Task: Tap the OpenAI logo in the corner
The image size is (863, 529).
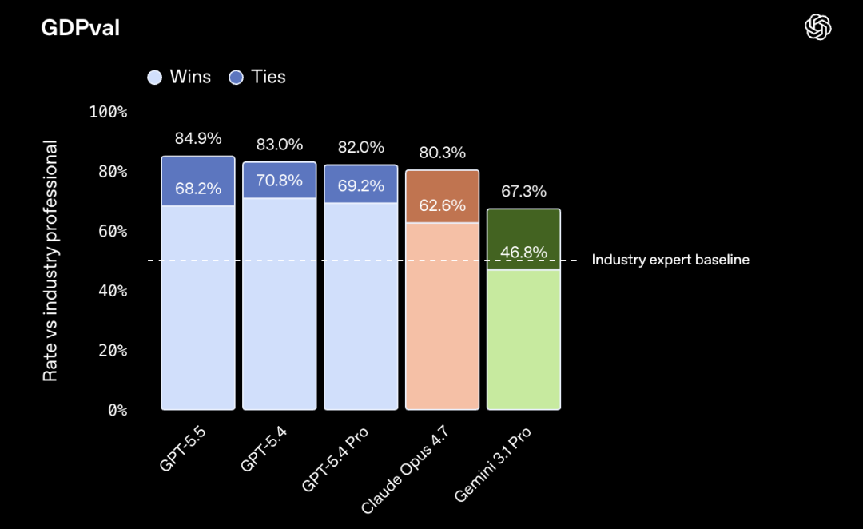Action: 818,28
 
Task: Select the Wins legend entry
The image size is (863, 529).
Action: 180,77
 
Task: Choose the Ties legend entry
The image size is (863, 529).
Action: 257,77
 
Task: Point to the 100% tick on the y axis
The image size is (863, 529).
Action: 109,112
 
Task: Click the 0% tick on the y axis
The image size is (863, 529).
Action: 117,410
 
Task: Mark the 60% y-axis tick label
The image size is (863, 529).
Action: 113,231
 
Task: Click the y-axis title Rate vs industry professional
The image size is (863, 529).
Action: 50,261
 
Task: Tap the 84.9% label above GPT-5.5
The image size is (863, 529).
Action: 198,138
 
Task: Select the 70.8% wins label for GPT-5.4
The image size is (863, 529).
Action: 280,181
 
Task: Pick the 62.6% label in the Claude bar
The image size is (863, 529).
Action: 442,205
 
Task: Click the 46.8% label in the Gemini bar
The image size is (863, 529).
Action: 523,253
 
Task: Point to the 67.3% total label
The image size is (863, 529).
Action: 523,192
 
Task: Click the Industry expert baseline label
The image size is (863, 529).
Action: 670,260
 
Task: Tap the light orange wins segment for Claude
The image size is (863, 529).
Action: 442,320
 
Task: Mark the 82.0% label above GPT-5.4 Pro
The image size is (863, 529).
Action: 360,147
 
